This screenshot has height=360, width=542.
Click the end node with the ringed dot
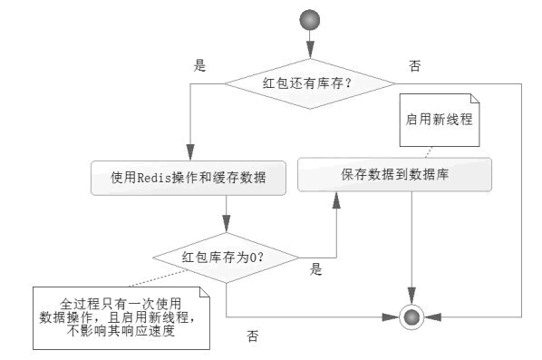[x=412, y=316]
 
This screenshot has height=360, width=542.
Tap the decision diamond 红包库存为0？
[x=224, y=256]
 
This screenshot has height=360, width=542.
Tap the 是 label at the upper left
[x=201, y=66]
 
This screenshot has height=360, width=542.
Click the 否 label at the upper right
[x=415, y=66]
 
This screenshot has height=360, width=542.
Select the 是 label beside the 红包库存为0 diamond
[x=316, y=268]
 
